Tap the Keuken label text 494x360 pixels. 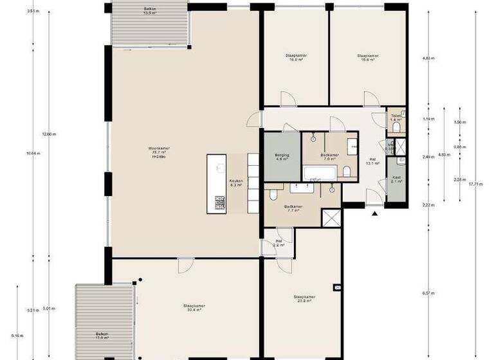pos(235,183)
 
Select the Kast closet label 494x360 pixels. pos(396,180)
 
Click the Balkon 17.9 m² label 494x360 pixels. pos(101,335)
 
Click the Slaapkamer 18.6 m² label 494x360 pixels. pos(367,58)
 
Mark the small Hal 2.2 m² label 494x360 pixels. pos(279,243)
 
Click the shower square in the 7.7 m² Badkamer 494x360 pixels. pos(332,218)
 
